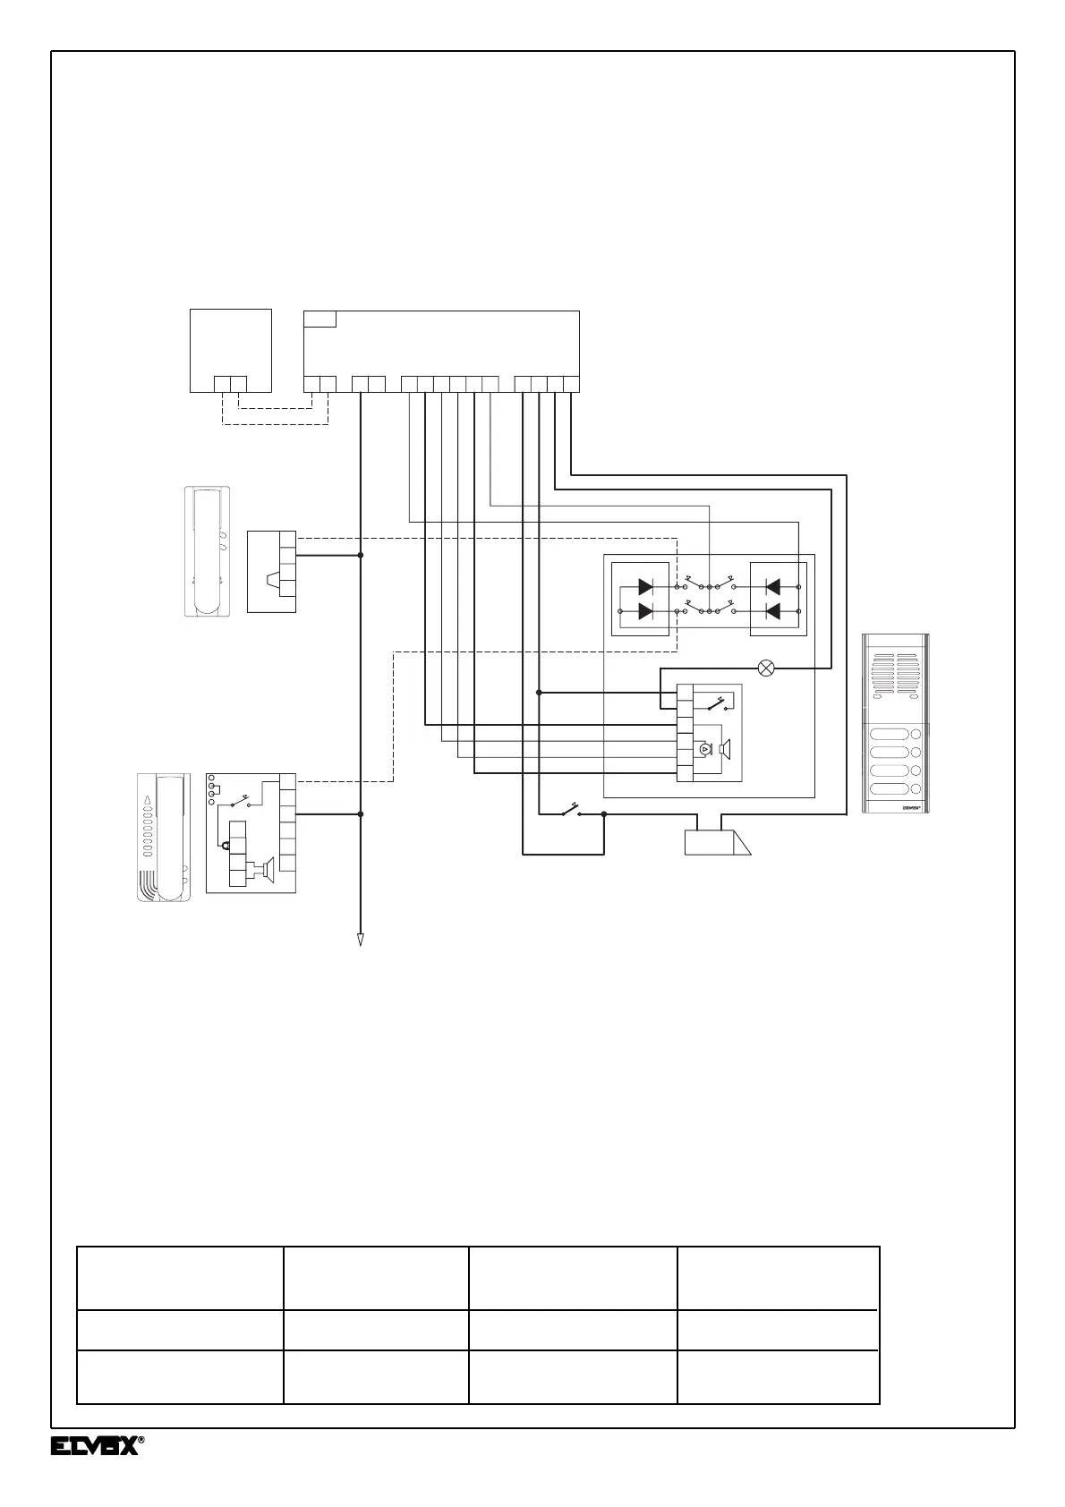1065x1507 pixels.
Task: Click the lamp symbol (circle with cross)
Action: [x=766, y=668]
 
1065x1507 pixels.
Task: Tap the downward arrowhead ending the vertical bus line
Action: [x=360, y=940]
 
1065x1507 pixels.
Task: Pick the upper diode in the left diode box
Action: [x=644, y=587]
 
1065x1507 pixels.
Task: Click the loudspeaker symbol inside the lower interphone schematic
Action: [x=266, y=868]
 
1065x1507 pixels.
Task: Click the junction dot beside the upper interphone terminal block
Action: [x=361, y=555]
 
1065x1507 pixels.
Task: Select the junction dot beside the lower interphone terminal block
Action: [x=361, y=814]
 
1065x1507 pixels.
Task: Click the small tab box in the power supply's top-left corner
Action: [x=320, y=319]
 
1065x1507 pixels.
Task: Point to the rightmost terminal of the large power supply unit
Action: [x=571, y=385]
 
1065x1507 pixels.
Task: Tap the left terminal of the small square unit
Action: [x=223, y=384]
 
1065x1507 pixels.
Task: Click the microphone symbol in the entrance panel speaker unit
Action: [x=704, y=748]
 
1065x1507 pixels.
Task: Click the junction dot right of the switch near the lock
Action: [x=604, y=814]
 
